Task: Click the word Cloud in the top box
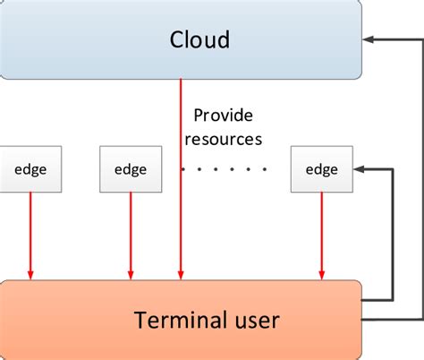tap(199, 39)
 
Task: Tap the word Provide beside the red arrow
tap(224, 116)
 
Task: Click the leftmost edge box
tap(31, 169)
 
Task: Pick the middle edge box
tap(131, 169)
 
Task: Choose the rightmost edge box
tap(321, 169)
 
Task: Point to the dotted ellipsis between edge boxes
tap(224, 168)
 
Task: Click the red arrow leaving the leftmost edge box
tap(31, 233)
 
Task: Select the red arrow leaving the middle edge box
tap(131, 233)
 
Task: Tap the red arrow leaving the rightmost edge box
tap(321, 233)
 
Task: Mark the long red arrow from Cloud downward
tap(182, 179)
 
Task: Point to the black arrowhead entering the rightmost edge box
tap(360, 168)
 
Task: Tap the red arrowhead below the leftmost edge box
tap(31, 273)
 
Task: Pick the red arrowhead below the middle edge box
tap(131, 273)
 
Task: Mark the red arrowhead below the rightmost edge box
tap(321, 273)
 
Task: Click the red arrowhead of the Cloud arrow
tap(182, 273)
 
